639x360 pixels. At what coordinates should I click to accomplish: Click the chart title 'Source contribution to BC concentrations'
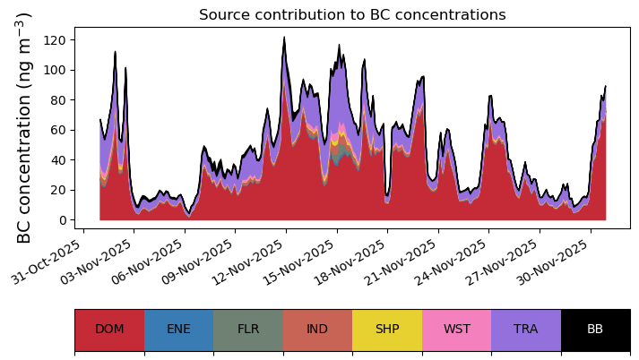[x=352, y=14]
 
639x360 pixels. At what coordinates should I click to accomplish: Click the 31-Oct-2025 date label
[x=46, y=261]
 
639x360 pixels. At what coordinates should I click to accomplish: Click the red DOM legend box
[x=109, y=330]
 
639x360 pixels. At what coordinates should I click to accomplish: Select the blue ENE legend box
[x=179, y=330]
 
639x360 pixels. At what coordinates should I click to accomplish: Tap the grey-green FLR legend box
[x=248, y=330]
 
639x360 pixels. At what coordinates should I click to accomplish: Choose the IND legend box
[x=317, y=330]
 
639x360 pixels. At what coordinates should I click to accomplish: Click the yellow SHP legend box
[x=387, y=330]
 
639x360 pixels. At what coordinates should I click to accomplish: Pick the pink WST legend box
[x=456, y=330]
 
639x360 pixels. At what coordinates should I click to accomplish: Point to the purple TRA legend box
[x=526, y=330]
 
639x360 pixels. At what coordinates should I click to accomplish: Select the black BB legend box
[x=596, y=330]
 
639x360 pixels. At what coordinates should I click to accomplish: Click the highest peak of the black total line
[x=284, y=37]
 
